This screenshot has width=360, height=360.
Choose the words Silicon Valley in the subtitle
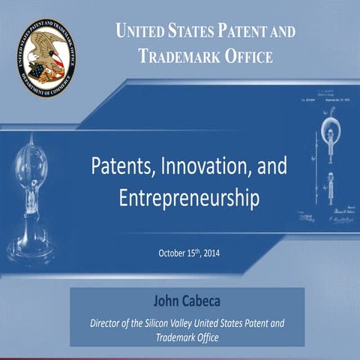point(175,323)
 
